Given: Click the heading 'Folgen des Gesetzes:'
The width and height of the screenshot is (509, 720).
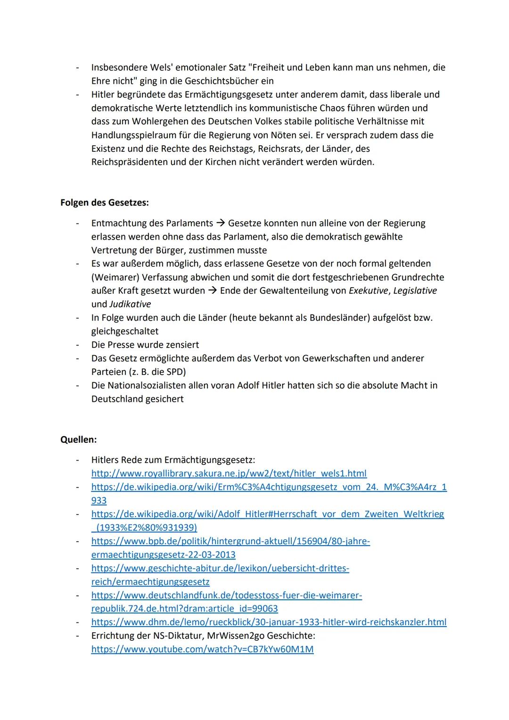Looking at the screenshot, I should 104,203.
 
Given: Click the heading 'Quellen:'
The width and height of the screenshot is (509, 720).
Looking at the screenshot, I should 78,439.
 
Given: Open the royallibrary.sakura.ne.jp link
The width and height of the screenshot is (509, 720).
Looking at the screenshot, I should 229,473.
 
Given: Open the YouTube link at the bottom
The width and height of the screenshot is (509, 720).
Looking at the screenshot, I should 202,649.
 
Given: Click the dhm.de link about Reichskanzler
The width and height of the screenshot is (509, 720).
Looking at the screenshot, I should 269,622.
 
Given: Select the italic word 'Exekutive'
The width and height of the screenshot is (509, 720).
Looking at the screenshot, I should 368,291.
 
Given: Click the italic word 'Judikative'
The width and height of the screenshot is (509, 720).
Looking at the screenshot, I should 130,304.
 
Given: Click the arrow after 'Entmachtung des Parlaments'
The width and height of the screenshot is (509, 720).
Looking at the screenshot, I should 220,223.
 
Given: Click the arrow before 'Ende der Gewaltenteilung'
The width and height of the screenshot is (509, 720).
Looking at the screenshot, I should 212,291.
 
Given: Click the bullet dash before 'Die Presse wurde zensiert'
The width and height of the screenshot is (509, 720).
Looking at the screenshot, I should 77,345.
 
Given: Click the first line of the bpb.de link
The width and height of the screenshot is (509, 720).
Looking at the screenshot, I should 230,541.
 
